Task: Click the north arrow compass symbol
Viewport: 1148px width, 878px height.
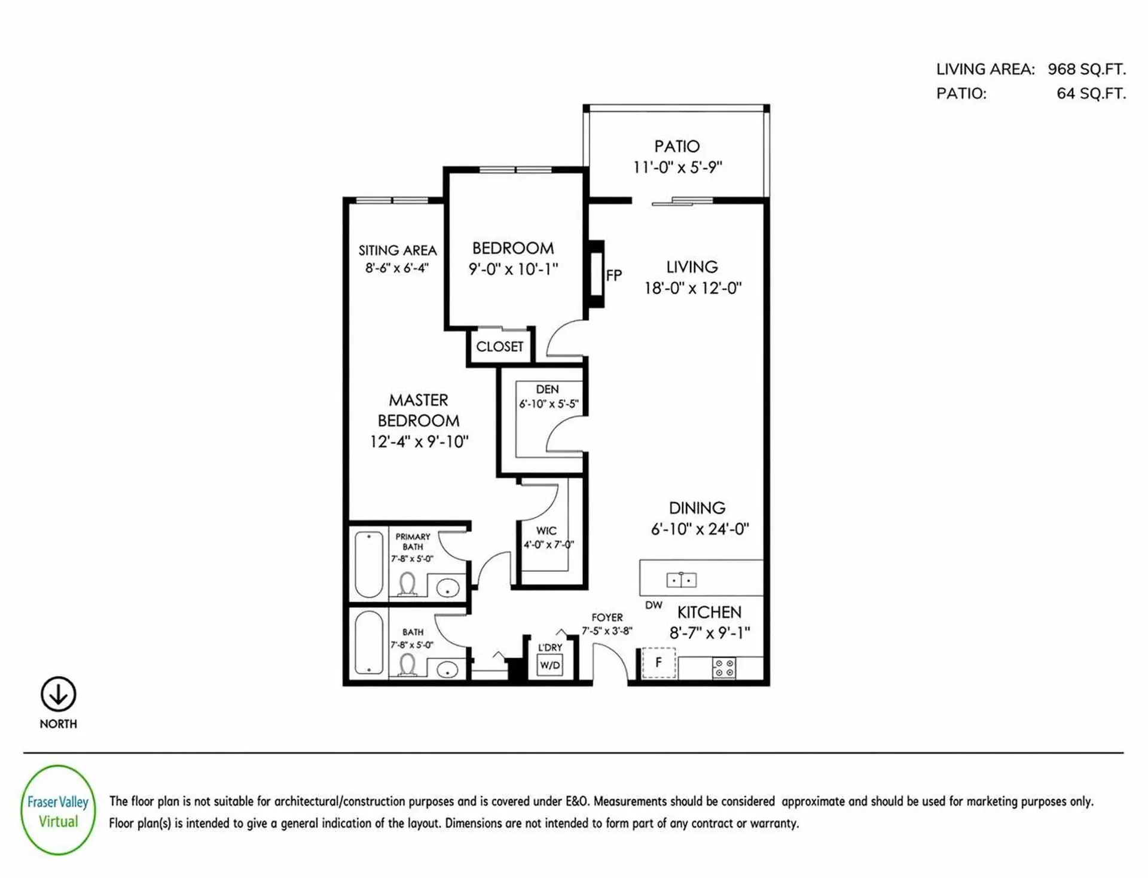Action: pyautogui.click(x=58, y=694)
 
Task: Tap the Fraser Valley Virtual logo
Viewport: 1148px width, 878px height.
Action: pyautogui.click(x=58, y=810)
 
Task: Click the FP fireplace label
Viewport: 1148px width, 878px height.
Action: pyautogui.click(x=614, y=276)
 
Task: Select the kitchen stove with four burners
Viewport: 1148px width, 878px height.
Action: pyautogui.click(x=724, y=668)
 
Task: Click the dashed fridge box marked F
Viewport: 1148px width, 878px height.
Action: pyautogui.click(x=658, y=663)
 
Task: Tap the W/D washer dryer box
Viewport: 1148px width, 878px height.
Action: pyautogui.click(x=549, y=665)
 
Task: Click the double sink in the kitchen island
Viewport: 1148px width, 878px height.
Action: pyautogui.click(x=681, y=579)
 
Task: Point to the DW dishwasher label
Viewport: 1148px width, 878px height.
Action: pyautogui.click(x=654, y=605)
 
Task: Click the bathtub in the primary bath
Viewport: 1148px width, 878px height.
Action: pyautogui.click(x=369, y=564)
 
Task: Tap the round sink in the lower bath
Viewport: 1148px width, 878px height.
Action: pyautogui.click(x=447, y=670)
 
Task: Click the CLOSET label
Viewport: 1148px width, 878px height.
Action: pyautogui.click(x=499, y=347)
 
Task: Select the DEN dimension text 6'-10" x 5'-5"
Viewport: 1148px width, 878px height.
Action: pyautogui.click(x=548, y=404)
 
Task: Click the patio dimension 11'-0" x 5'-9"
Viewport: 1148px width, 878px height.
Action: pyautogui.click(x=677, y=167)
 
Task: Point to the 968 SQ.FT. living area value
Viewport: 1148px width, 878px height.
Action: pyautogui.click(x=1086, y=69)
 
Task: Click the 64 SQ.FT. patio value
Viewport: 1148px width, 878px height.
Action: pyautogui.click(x=1091, y=94)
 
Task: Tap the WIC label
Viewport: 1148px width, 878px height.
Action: pyautogui.click(x=546, y=531)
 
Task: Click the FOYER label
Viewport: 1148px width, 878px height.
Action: pyautogui.click(x=607, y=617)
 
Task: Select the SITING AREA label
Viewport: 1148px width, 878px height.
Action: pyautogui.click(x=398, y=250)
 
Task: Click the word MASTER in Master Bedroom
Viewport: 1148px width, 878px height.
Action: pyautogui.click(x=418, y=400)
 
